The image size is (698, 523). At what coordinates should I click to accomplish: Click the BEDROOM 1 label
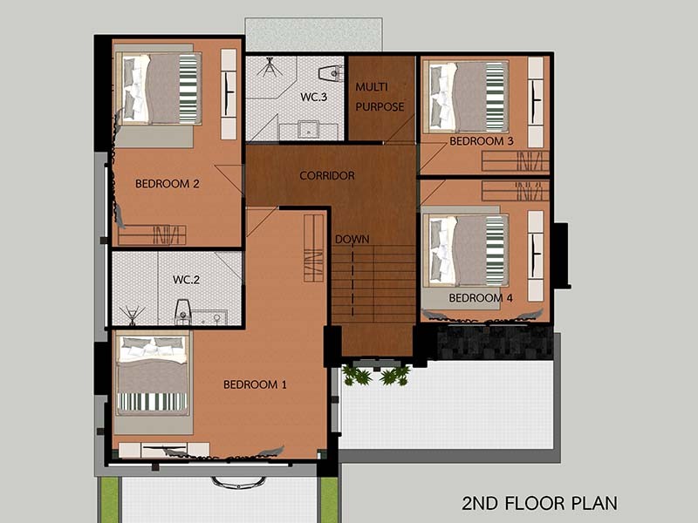(x=255, y=384)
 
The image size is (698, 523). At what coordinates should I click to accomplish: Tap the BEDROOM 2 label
(x=167, y=184)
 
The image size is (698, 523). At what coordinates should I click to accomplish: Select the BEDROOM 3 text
(x=482, y=141)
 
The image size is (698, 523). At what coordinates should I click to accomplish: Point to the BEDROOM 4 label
(x=481, y=297)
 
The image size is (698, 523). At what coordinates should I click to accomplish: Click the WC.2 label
(x=186, y=280)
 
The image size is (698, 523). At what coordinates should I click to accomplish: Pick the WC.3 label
(x=314, y=97)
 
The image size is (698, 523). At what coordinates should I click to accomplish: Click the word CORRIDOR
(x=327, y=176)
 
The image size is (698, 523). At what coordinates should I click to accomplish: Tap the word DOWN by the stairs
(x=352, y=239)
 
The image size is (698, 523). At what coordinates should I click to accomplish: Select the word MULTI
(x=372, y=86)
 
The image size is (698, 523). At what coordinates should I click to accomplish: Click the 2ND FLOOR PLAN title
(x=539, y=503)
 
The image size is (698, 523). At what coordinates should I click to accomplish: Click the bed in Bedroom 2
(x=158, y=89)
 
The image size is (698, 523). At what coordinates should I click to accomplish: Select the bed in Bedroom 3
(x=466, y=97)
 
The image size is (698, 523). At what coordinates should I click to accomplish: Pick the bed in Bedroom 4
(x=466, y=250)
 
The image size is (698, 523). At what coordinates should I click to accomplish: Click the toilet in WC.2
(x=183, y=310)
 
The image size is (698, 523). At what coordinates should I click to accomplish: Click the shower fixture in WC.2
(x=132, y=315)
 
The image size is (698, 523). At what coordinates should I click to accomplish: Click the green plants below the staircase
(x=377, y=375)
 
